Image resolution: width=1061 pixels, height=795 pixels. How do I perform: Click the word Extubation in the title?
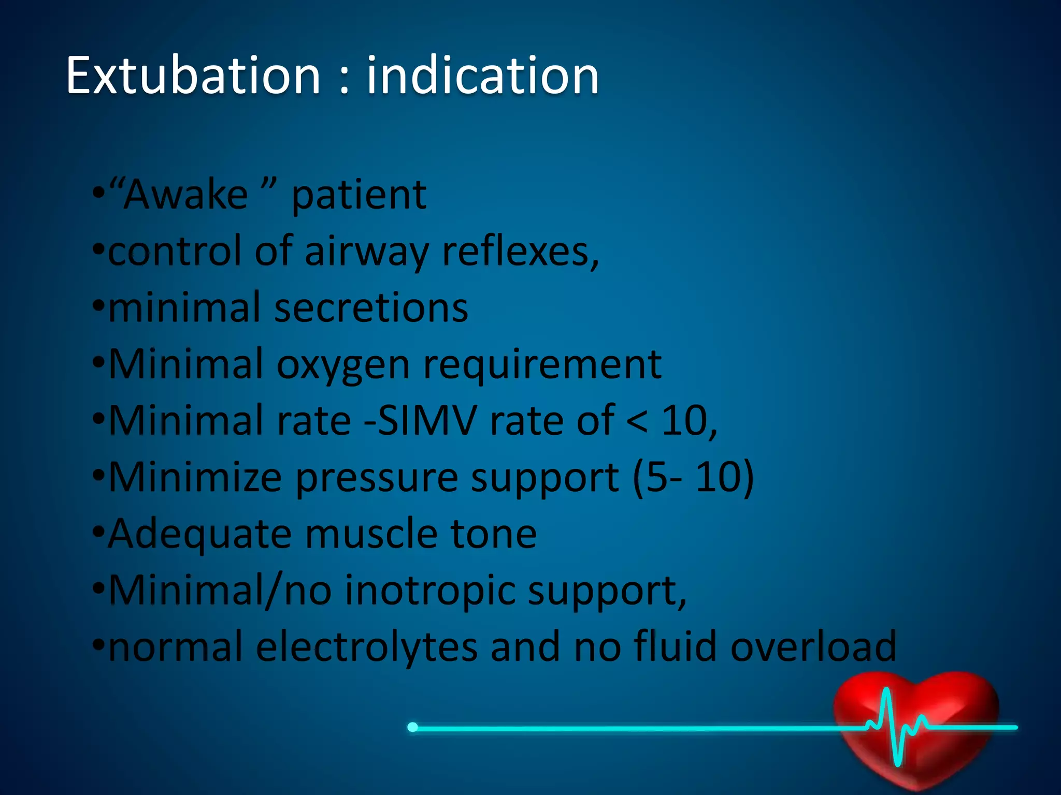pyautogui.click(x=193, y=77)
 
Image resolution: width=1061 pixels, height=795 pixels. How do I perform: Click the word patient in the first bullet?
pyautogui.click(x=359, y=197)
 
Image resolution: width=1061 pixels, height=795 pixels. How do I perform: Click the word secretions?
pyautogui.click(x=371, y=308)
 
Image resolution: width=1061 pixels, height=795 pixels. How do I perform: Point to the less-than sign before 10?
pyautogui.click(x=637, y=421)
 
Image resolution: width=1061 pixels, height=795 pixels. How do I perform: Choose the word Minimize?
pyautogui.click(x=195, y=477)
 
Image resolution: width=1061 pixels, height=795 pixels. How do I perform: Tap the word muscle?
pyautogui.click(x=371, y=534)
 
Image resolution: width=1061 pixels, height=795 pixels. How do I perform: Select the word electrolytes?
pyautogui.click(x=367, y=647)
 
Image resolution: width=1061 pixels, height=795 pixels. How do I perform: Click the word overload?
pyautogui.click(x=813, y=647)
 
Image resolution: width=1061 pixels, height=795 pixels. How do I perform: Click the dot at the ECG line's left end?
pyautogui.click(x=412, y=727)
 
